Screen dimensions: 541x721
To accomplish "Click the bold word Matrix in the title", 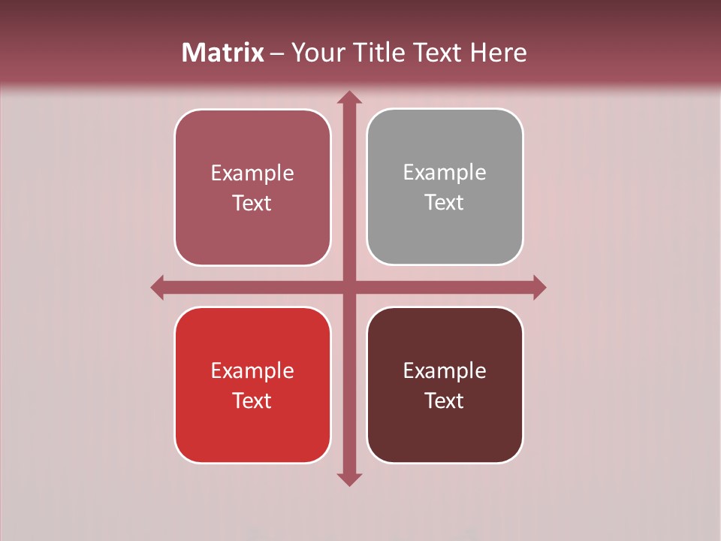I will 223,53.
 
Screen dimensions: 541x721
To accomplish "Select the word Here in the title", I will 498,53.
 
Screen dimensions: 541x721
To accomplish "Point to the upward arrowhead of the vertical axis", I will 349,98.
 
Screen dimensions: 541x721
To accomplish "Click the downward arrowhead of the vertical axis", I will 349,479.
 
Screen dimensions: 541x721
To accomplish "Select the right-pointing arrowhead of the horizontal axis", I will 538,287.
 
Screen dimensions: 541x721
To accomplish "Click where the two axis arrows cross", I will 349,287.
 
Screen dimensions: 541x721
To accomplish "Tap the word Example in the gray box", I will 445,173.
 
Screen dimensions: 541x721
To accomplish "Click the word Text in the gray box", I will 445,203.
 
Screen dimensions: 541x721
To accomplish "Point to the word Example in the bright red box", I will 252,371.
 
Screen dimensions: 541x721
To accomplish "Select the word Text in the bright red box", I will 252,400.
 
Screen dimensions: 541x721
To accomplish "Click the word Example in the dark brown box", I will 445,371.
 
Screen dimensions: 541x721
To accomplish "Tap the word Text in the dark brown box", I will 445,400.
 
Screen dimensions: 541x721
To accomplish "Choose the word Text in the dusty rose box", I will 252,204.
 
